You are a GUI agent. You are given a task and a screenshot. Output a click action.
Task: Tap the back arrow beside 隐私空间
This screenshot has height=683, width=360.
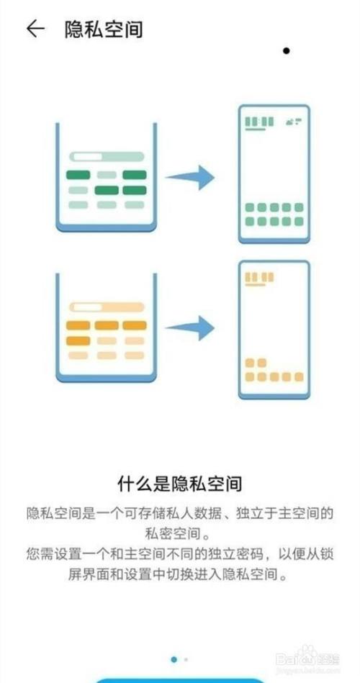(35, 29)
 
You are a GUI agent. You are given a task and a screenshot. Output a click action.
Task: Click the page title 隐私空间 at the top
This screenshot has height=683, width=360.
(104, 30)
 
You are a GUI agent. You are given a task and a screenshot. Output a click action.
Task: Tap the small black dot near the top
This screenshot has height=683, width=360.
(287, 51)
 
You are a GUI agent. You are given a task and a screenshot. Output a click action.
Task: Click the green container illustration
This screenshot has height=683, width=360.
(106, 177)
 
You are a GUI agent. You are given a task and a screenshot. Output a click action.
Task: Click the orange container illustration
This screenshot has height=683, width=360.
(106, 328)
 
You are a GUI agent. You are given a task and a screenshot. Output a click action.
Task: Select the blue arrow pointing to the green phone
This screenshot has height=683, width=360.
(191, 177)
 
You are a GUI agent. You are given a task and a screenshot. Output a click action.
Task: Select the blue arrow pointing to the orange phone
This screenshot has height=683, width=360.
(191, 328)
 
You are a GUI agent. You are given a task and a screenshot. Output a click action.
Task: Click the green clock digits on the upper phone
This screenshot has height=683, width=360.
(259, 122)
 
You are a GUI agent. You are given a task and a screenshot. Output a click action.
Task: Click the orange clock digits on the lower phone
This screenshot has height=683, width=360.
(259, 277)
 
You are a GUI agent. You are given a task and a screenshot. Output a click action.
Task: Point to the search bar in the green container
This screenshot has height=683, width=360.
(107, 156)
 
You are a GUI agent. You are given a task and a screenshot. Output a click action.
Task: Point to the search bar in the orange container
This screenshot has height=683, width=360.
(107, 307)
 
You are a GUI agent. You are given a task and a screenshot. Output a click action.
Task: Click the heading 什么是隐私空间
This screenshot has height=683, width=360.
(179, 484)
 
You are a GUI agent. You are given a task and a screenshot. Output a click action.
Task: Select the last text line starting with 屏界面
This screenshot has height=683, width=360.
(179, 574)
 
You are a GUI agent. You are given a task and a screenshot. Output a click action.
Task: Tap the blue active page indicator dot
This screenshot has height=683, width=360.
(174, 659)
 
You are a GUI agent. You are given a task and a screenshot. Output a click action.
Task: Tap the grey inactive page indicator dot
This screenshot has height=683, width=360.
(186, 659)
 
